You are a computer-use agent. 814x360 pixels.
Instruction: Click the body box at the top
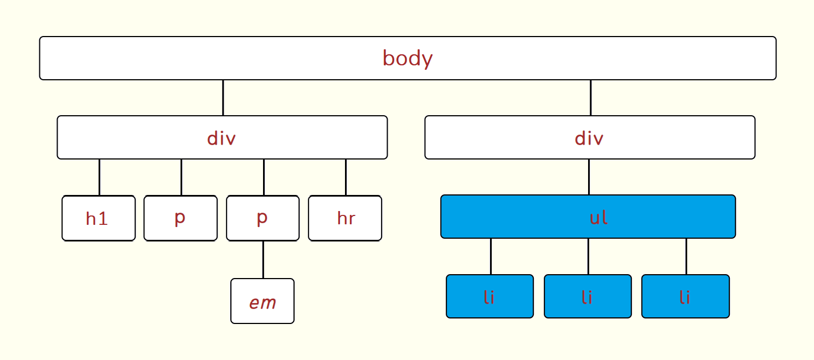(x=408, y=58)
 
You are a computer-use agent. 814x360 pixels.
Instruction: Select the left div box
(x=222, y=137)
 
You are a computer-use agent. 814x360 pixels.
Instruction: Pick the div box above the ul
(x=590, y=137)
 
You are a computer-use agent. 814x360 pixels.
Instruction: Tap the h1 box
(x=99, y=218)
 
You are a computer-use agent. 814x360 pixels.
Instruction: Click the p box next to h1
(x=181, y=218)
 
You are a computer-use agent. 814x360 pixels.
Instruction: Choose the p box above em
(x=262, y=218)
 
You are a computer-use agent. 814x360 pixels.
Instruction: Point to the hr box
(x=345, y=218)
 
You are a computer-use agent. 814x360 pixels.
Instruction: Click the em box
(x=262, y=301)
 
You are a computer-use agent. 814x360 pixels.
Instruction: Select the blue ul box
(x=588, y=217)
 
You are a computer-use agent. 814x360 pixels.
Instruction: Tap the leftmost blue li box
(x=490, y=296)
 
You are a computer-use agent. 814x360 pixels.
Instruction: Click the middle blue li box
(x=588, y=296)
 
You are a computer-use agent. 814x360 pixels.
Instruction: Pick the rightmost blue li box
(x=686, y=296)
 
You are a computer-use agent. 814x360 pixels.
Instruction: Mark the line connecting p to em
(x=263, y=260)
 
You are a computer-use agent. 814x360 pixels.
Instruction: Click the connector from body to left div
(x=223, y=98)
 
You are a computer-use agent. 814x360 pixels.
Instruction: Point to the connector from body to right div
(x=590, y=98)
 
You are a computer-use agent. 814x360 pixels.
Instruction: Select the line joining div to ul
(x=589, y=177)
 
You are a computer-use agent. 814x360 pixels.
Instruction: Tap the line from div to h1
(x=99, y=177)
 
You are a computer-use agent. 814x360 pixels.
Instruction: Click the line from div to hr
(x=346, y=177)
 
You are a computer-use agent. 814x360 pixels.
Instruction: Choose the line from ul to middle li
(x=588, y=257)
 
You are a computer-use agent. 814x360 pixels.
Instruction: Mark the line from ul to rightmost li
(x=686, y=257)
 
